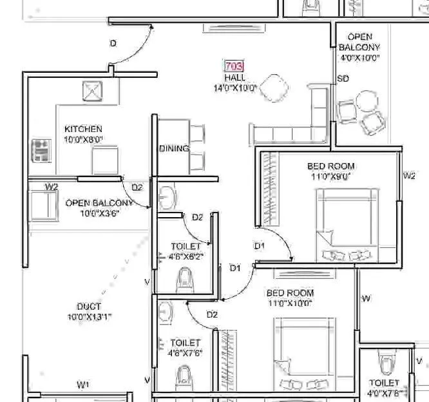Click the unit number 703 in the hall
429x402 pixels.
pyautogui.click(x=233, y=66)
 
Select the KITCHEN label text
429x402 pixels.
pyautogui.click(x=83, y=129)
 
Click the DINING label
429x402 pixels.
pyautogui.click(x=174, y=149)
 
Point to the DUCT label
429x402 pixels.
pyautogui.click(x=88, y=307)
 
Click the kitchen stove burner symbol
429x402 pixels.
pyautogui.click(x=42, y=151)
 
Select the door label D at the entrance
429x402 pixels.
pyautogui.click(x=113, y=44)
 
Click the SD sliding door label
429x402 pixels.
pyautogui.click(x=343, y=79)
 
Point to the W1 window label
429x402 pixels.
pyautogui.click(x=82, y=385)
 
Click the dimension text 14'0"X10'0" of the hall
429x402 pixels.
pyautogui.click(x=235, y=88)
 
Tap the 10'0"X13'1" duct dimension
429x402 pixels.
pyautogui.click(x=90, y=317)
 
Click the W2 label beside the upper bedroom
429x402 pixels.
pyautogui.click(x=409, y=175)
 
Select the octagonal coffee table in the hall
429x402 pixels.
pyautogui.click(x=276, y=88)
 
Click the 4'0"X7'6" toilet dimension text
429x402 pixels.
pyautogui.click(x=386, y=392)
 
